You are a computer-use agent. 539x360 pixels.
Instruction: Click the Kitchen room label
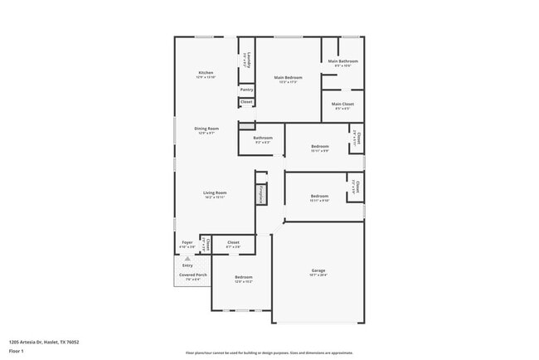point(206,73)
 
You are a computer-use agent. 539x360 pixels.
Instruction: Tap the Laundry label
point(246,60)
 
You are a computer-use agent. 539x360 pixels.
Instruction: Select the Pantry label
point(246,90)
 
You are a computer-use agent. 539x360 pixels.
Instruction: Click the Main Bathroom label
point(342,61)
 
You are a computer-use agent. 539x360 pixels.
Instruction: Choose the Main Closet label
point(342,105)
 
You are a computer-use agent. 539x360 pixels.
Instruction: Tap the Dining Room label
point(206,129)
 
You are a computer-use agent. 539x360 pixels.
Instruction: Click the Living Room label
point(215,193)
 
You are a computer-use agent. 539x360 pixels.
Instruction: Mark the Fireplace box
point(260,194)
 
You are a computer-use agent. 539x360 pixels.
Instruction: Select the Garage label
point(318,270)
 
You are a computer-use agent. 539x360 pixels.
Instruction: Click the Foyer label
point(187,243)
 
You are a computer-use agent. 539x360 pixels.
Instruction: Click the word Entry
point(187,265)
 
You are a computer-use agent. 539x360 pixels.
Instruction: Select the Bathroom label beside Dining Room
point(262,138)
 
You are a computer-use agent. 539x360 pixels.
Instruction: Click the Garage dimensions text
point(318,275)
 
